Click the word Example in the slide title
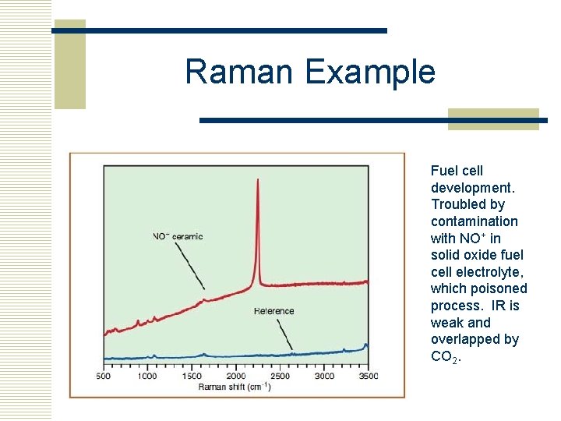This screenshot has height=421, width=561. (x=370, y=73)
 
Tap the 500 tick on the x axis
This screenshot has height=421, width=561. (x=104, y=377)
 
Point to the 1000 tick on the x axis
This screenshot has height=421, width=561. (x=147, y=377)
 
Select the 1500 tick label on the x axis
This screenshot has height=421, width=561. (x=192, y=377)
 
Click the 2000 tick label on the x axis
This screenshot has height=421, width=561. (x=236, y=377)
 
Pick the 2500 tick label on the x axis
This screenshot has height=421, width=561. (x=280, y=377)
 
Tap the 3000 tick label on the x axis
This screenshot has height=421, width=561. (x=324, y=377)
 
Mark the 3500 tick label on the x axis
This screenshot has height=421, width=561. (x=368, y=377)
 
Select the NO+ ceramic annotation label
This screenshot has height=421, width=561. (x=178, y=236)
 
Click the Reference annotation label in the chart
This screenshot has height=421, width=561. (x=274, y=311)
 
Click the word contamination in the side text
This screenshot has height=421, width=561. (x=474, y=221)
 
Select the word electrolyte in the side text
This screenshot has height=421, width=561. (x=492, y=272)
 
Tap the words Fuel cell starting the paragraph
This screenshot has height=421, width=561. (x=457, y=171)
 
